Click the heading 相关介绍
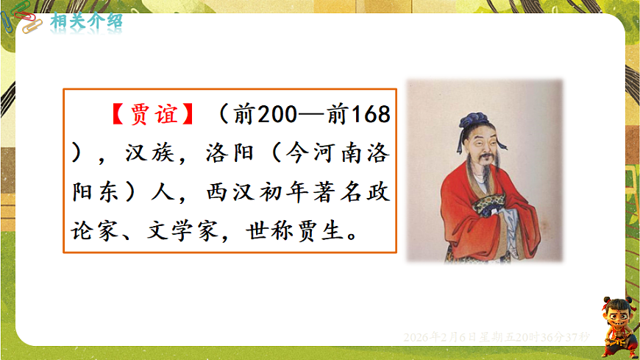pos(86,21)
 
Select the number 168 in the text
pos(367,116)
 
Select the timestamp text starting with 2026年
pos(497,336)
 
